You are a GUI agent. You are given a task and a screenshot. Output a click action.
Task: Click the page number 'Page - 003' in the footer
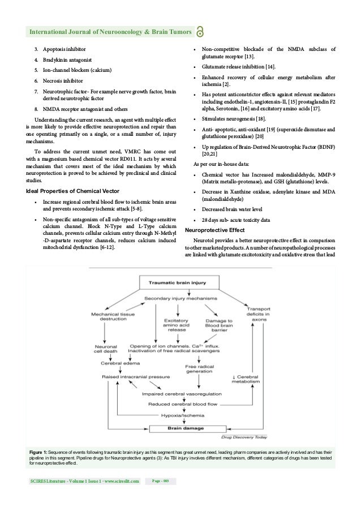pos(161,481)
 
